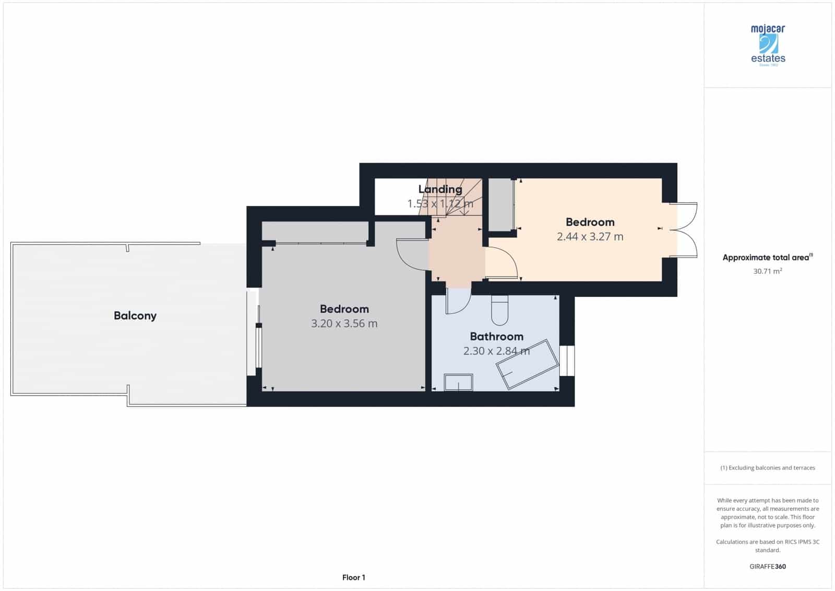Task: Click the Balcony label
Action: pos(135,316)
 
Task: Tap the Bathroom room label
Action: pos(496,337)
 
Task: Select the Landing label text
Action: pos(440,189)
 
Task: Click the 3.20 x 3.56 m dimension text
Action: pos(344,323)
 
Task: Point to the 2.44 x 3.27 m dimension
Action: pos(590,237)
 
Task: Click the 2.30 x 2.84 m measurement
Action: pos(496,351)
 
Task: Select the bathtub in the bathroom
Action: pos(528,364)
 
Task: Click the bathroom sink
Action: pos(458,383)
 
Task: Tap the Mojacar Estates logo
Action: pos(768,45)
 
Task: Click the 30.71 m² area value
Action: pos(767,271)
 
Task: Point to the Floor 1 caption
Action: pos(353,577)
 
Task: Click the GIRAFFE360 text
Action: pos(767,566)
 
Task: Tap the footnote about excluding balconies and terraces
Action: pos(767,468)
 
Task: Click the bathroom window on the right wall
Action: pos(567,361)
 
